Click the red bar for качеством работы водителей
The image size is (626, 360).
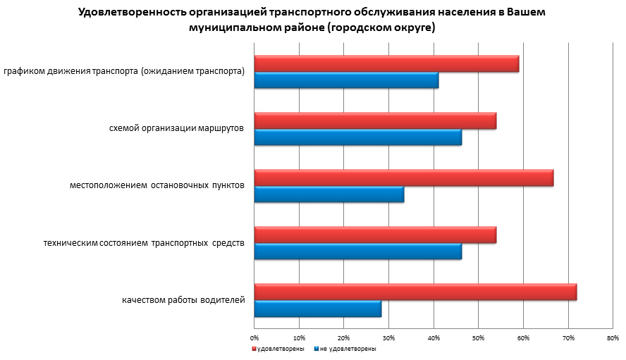point(415,292)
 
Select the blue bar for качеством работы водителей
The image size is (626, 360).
point(317,309)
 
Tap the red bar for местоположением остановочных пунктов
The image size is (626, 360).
point(403,178)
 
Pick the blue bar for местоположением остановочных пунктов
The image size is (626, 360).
point(329,194)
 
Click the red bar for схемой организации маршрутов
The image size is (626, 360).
point(375,120)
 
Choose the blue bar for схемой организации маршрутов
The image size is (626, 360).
point(357,137)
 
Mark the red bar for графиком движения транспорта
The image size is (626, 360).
point(386,63)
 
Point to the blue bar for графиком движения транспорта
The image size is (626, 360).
point(346,80)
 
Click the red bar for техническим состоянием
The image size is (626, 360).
point(375,235)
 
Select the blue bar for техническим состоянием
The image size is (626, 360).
point(357,252)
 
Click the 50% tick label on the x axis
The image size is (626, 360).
point(478,339)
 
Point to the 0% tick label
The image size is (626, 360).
point(254,339)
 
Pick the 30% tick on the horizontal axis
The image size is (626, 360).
point(388,339)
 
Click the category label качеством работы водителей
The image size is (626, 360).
point(183,301)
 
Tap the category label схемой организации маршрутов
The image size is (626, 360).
point(177,129)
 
